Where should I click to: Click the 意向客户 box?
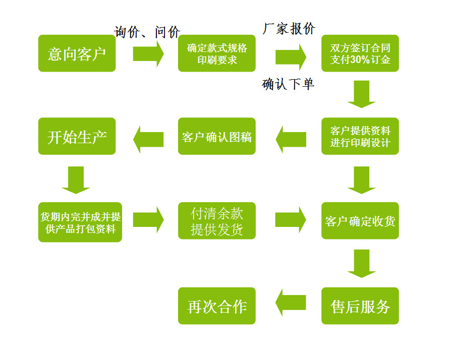click(x=77, y=53)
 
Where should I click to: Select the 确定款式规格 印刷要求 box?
click(x=217, y=53)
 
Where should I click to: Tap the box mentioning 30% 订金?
click(x=360, y=53)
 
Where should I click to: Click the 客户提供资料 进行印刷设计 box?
click(x=360, y=136)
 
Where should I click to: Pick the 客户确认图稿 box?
click(x=217, y=136)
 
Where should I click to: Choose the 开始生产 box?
click(x=77, y=136)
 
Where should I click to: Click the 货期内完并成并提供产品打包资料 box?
click(x=80, y=222)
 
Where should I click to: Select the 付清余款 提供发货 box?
click(x=217, y=221)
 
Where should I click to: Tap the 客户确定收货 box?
click(x=360, y=221)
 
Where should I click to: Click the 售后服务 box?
click(x=360, y=306)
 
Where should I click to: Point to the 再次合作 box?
click(x=217, y=306)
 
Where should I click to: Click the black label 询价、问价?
click(x=147, y=32)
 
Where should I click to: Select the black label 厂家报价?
click(x=289, y=28)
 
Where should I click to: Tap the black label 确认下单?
click(x=289, y=84)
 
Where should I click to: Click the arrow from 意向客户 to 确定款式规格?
click(x=148, y=53)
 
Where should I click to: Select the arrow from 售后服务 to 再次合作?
click(x=291, y=302)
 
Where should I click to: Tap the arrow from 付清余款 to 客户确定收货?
click(x=291, y=219)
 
